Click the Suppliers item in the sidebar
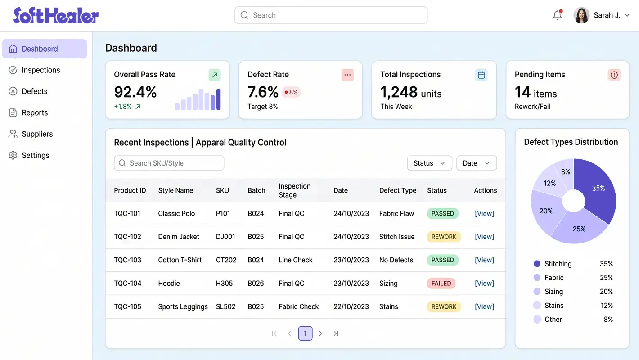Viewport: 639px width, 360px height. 37,134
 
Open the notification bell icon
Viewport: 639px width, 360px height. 557,15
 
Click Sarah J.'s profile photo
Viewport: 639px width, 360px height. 581,15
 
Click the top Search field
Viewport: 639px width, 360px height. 331,15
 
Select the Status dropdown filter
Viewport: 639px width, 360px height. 429,163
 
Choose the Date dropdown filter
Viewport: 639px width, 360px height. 476,163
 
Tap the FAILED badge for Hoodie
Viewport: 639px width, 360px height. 441,283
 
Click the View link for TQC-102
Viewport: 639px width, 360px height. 484,237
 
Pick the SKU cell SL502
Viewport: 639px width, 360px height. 225,307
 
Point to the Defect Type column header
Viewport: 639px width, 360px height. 397,190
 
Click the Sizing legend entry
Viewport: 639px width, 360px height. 553,292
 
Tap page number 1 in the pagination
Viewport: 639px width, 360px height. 305,333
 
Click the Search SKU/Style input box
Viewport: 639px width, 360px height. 169,163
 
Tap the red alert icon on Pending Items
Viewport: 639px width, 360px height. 614,75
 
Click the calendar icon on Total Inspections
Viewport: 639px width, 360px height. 481,75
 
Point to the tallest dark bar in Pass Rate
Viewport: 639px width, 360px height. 218,99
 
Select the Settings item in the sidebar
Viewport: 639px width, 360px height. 35,155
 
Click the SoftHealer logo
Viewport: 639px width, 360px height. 56,15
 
